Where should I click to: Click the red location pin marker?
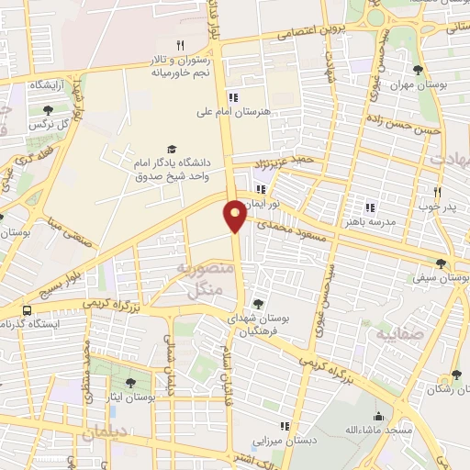point(235,215)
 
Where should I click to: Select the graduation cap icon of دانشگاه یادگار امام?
point(171,149)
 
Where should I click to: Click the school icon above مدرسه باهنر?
point(371,207)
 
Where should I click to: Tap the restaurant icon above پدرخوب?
point(438,192)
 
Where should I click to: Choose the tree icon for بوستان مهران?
point(418,70)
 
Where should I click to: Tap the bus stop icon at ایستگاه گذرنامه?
point(27,310)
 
